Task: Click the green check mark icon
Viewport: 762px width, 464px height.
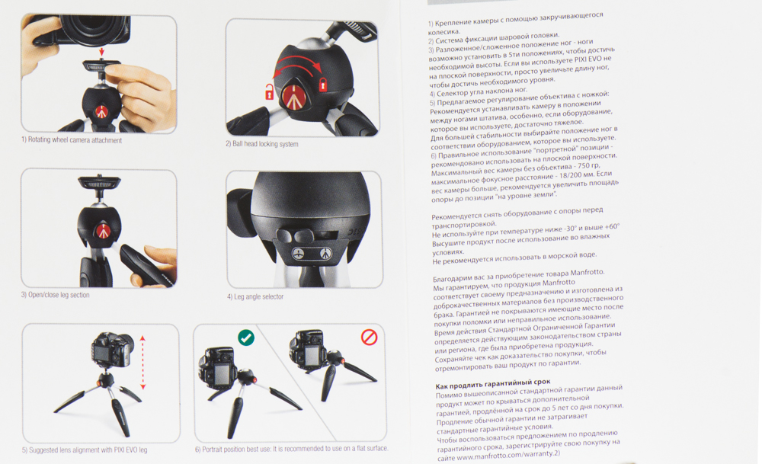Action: point(246,338)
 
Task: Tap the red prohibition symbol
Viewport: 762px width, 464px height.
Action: point(370,337)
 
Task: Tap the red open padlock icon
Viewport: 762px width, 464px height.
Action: point(269,91)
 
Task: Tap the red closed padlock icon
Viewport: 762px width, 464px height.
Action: point(322,84)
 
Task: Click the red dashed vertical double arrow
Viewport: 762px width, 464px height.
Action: point(143,362)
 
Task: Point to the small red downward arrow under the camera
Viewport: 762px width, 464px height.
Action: point(101,52)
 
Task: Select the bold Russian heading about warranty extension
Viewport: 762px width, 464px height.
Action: point(493,384)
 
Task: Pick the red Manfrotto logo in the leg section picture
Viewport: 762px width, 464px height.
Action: point(102,232)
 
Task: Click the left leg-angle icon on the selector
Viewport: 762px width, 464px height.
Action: point(298,253)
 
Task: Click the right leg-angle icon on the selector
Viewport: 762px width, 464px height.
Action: point(325,253)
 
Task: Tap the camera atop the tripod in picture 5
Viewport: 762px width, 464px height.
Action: point(112,350)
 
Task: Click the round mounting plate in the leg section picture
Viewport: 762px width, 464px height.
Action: point(100,183)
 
